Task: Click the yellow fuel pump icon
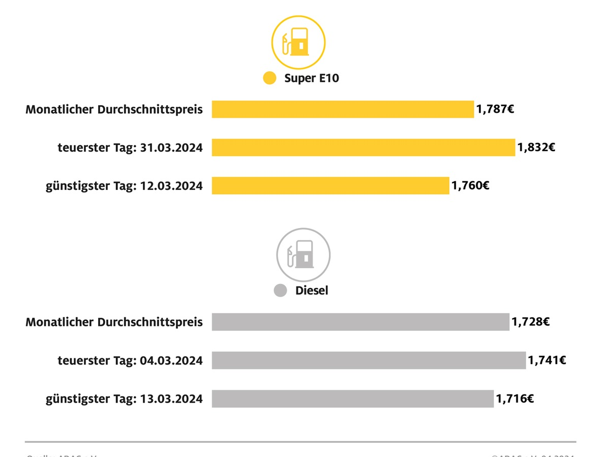click(x=298, y=43)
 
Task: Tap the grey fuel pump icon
click(x=303, y=254)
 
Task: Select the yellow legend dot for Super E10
click(x=269, y=78)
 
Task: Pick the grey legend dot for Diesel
click(x=280, y=291)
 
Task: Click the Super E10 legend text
click(x=311, y=78)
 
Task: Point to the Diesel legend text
click(x=312, y=291)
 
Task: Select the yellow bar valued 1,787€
click(x=343, y=109)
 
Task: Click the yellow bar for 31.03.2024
click(x=363, y=148)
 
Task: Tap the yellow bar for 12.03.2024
click(x=330, y=186)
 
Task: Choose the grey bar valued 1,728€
click(x=360, y=322)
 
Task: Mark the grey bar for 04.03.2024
click(x=369, y=361)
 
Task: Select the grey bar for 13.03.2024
click(x=353, y=399)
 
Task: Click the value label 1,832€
click(x=536, y=148)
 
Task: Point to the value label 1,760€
click(x=470, y=186)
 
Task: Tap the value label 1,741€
click(x=547, y=361)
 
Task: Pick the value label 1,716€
click(x=514, y=399)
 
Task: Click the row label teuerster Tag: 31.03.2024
click(x=130, y=148)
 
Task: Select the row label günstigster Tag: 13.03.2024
click(x=124, y=399)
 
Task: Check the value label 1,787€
click(x=495, y=109)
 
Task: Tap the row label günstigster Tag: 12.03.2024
click(x=124, y=186)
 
